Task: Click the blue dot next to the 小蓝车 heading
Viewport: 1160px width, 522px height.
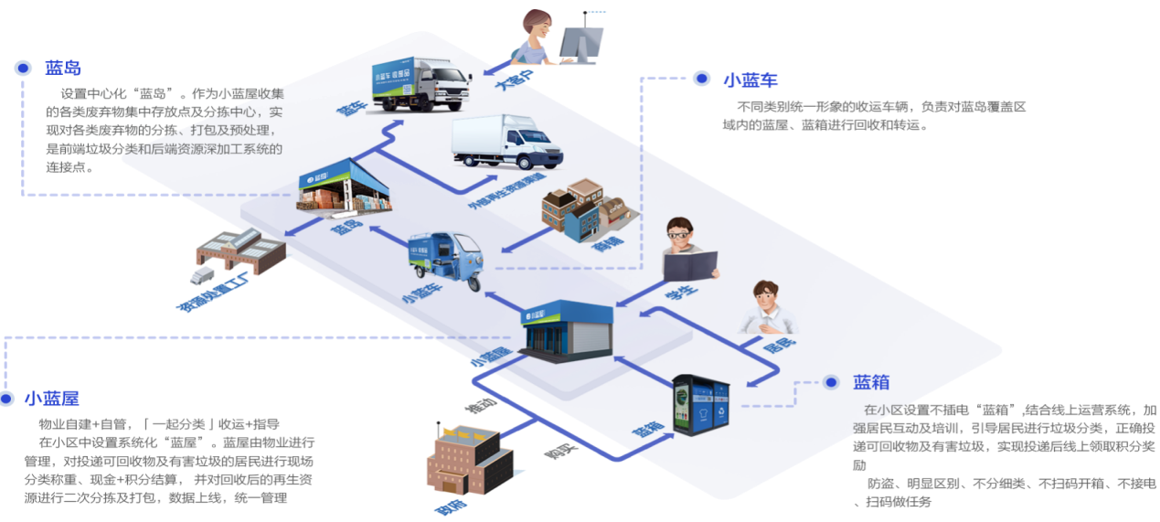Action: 701,78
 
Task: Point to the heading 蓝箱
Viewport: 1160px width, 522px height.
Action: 870,382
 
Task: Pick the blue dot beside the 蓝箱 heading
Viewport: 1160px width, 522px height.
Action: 831,382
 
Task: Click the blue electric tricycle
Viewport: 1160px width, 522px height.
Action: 443,260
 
